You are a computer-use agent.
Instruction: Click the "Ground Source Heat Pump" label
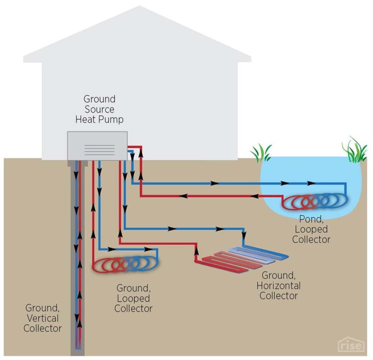(x=99, y=109)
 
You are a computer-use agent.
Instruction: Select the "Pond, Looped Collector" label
(x=314, y=229)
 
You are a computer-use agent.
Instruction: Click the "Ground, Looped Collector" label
(x=134, y=298)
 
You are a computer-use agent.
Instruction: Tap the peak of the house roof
(x=140, y=8)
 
